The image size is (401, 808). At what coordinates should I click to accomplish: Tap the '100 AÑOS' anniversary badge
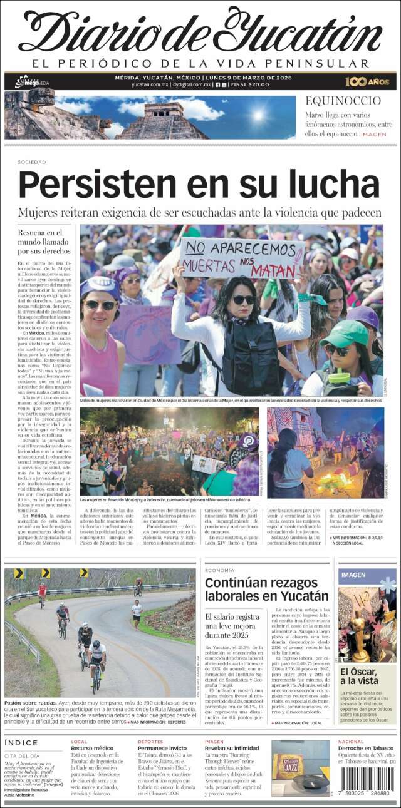click(367, 81)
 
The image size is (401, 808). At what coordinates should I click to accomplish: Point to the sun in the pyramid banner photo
click(258, 115)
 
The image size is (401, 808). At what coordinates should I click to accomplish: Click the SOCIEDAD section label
click(32, 162)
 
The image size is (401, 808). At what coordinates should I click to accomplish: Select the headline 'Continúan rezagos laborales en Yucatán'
click(266, 589)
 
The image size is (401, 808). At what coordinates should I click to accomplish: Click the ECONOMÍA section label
click(219, 570)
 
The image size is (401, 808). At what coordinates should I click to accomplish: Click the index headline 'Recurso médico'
click(92, 749)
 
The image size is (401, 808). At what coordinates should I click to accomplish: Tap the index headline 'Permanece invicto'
click(162, 749)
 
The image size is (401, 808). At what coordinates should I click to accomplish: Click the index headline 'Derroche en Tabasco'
click(366, 749)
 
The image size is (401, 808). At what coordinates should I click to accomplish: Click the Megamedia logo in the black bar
click(31, 82)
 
